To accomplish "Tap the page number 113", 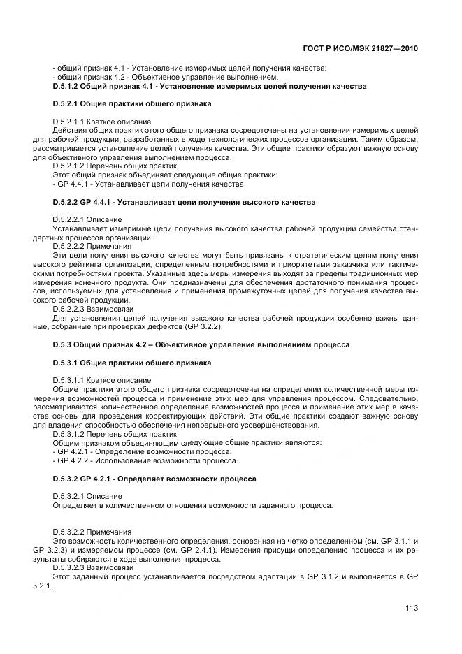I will click(411, 608).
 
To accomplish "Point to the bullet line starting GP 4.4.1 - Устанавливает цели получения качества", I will click(150, 184).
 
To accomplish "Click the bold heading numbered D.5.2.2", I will click(184, 203).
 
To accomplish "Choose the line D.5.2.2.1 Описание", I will click(87, 220).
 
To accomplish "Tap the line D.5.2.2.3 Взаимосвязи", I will click(94, 309).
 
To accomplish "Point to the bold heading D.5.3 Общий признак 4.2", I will click(201, 345).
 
